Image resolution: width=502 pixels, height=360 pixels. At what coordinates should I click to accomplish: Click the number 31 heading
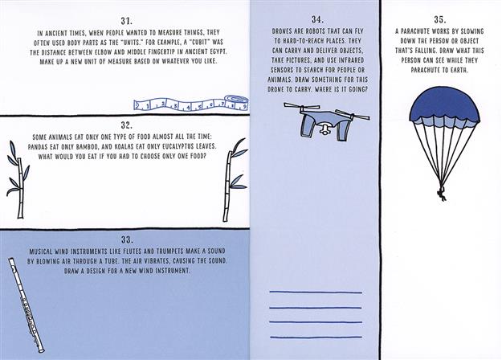pos(126,21)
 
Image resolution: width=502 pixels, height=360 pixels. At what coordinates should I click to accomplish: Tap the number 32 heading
pos(127,125)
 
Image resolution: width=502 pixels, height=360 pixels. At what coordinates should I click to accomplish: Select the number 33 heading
pos(127,239)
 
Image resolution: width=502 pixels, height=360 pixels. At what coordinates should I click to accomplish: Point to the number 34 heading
pos(317,19)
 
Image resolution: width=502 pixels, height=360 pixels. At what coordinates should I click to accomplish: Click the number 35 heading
pos(440,19)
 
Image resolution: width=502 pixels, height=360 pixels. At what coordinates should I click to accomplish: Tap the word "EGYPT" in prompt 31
pos(217,52)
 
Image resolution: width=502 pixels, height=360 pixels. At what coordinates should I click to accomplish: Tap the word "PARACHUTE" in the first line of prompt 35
pos(414,31)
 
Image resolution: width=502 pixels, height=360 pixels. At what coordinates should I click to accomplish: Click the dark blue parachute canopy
pos(444,107)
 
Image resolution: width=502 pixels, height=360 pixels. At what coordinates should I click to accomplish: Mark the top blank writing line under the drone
pos(316,292)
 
